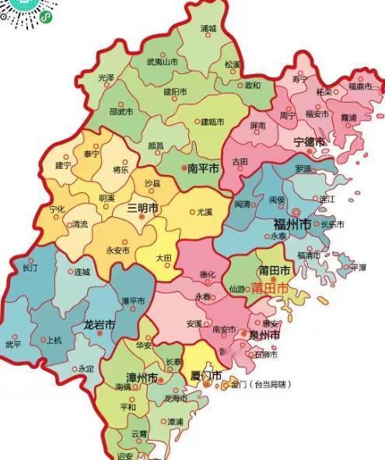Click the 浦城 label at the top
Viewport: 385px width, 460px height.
tap(208, 28)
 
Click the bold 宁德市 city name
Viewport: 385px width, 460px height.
tap(309, 142)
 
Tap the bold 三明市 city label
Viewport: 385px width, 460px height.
tap(142, 209)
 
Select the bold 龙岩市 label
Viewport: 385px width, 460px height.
tap(100, 324)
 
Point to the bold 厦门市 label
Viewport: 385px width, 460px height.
tap(206, 377)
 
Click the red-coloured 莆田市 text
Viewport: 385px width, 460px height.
tap(269, 288)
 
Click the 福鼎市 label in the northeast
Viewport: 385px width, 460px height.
tap(362, 86)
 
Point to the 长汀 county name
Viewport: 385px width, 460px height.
tap(30, 268)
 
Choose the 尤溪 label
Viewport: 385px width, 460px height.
tap(204, 211)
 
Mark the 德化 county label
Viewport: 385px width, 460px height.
tap(208, 274)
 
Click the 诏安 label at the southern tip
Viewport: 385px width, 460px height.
tap(124, 455)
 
